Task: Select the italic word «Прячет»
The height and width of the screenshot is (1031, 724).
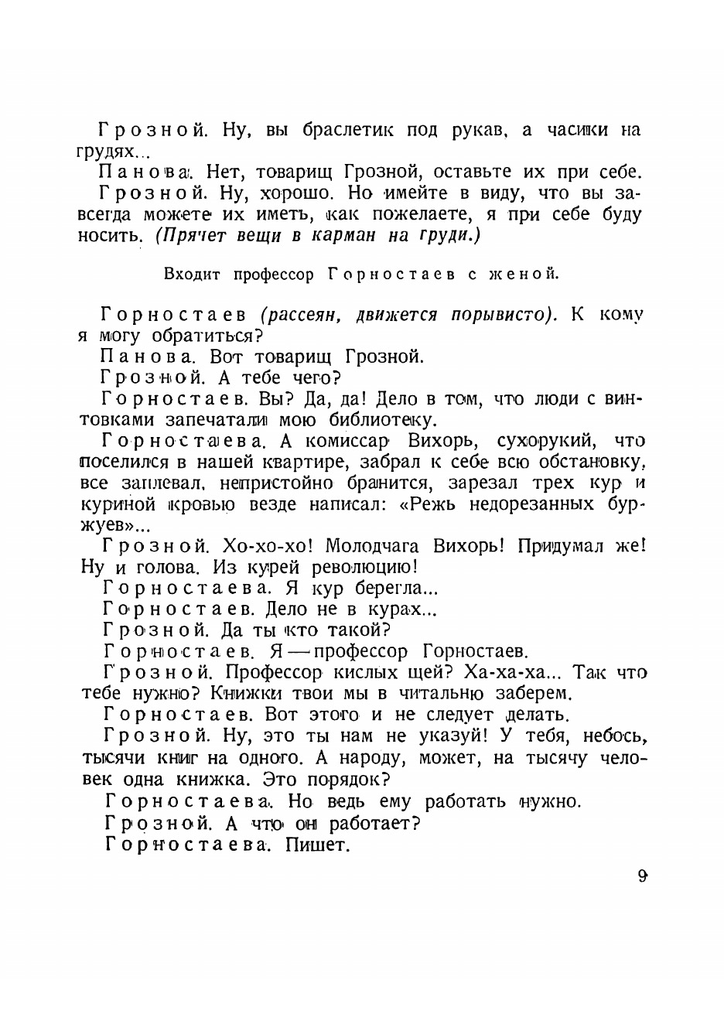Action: tap(188, 236)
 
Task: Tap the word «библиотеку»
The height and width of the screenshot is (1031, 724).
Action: tap(377, 420)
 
